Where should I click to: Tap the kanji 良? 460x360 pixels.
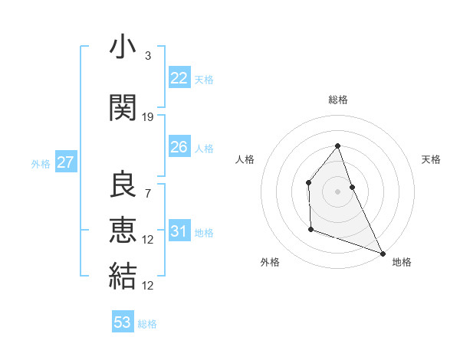pos(123,184)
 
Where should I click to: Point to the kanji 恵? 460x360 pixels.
pos(123,231)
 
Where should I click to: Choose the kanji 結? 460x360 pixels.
pos(123,276)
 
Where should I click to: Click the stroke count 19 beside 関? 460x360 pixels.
pos(148,117)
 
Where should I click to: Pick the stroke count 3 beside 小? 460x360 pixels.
pos(148,56)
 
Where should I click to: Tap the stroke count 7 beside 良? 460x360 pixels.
pos(148,193)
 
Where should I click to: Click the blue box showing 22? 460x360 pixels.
pos(179,78)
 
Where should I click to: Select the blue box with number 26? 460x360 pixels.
pos(179,147)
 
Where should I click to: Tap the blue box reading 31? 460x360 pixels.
pos(179,231)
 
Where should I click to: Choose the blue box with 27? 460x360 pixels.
pos(65,162)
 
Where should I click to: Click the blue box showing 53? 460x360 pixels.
pos(122,322)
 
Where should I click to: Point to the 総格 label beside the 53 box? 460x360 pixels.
pos(147,324)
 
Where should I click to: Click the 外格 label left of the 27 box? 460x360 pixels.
pos(41,163)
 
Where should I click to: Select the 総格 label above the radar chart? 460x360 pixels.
pos(337,100)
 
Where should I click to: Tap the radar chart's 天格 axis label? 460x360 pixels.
pos(431,159)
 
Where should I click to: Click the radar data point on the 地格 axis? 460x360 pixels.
pos(383,253)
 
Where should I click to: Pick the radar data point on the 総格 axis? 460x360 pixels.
pos(337,146)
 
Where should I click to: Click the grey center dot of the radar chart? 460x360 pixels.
pos(337,191)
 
